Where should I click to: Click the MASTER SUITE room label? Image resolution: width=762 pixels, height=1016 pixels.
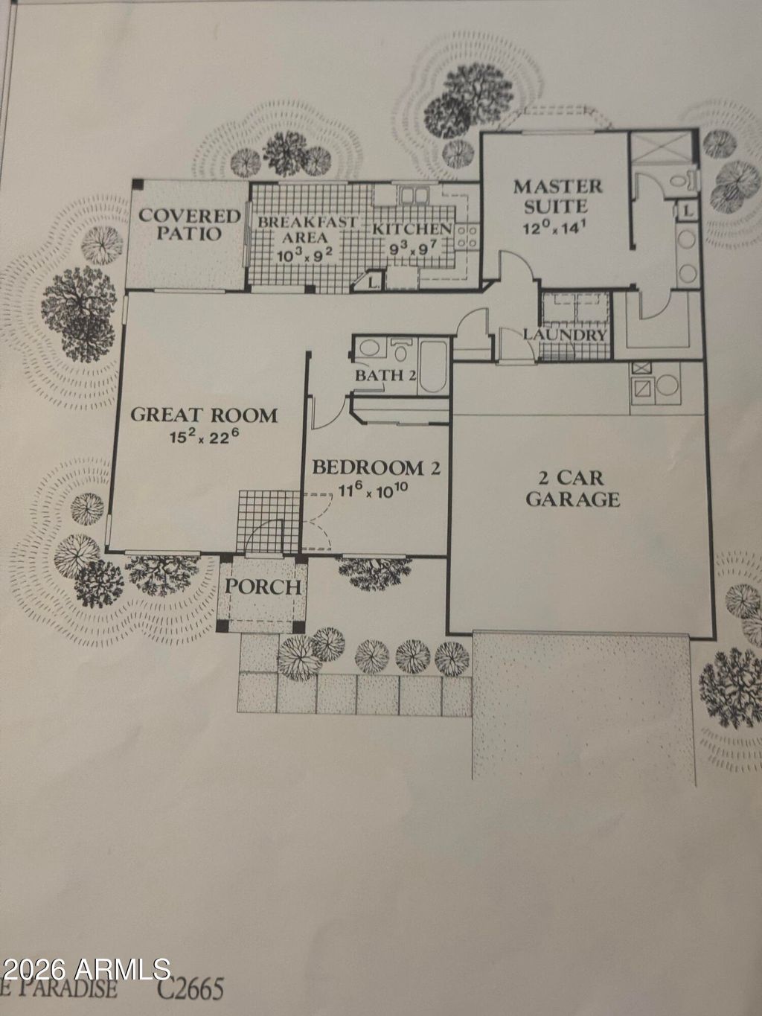pos(557,195)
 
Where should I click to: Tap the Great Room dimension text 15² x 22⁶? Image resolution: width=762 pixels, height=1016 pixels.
pos(203,436)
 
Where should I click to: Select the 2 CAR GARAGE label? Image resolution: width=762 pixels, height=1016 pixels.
pos(572,488)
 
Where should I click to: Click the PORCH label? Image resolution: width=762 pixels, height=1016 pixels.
pos(264,587)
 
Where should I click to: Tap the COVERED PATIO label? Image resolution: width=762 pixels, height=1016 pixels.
pos(190,224)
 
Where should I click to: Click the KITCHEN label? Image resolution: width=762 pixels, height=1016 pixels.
pos(412,229)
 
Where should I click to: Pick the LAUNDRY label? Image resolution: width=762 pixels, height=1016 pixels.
pos(564,334)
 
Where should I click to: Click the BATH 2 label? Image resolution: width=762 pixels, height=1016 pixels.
pos(384,374)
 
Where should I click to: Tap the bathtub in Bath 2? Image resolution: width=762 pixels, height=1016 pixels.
pos(432,368)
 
